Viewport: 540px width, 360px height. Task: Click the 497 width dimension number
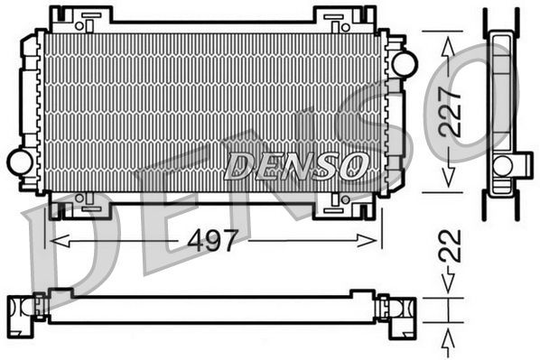[x=213, y=241]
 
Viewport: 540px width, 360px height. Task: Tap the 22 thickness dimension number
[x=452, y=245]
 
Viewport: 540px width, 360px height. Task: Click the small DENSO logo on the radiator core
[x=297, y=164]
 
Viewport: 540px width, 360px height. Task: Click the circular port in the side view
[x=503, y=165]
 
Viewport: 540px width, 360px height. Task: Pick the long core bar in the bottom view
[x=211, y=310]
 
